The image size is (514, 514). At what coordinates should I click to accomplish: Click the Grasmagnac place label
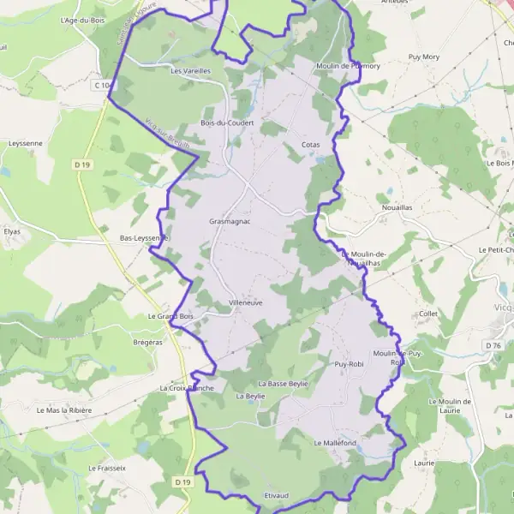pos(229,221)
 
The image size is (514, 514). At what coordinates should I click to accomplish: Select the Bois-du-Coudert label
pos(226,123)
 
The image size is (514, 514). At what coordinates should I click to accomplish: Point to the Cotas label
pos(311,145)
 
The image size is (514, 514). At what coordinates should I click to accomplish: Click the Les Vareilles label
pos(191,70)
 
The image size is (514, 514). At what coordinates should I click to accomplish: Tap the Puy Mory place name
pos(423,57)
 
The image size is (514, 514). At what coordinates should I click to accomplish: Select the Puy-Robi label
pos(350,364)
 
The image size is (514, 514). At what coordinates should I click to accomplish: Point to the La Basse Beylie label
pos(282,384)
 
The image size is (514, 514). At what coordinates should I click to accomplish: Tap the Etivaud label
pos(276,496)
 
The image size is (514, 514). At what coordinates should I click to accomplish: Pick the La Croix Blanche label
pos(186,388)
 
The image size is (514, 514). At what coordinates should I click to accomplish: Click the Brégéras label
pos(147,342)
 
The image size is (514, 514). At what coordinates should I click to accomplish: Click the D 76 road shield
pos(493,345)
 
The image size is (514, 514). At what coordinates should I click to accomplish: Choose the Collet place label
pos(429,314)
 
